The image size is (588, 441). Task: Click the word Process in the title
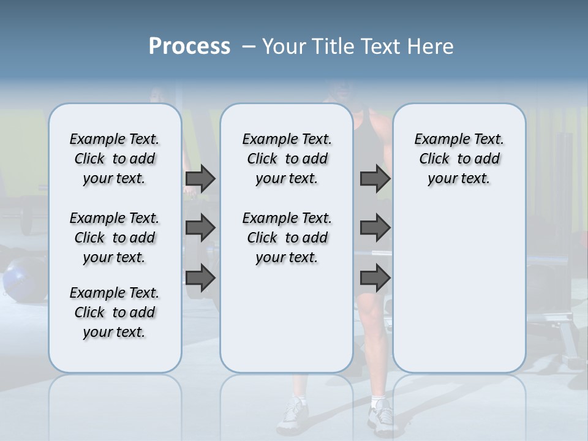pyautogui.click(x=189, y=47)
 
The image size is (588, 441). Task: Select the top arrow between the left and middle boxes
pyautogui.click(x=200, y=178)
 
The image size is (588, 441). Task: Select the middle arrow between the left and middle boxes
pyautogui.click(x=200, y=228)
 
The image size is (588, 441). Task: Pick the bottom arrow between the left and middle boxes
pyautogui.click(x=200, y=279)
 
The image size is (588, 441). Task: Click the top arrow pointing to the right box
pyautogui.click(x=375, y=178)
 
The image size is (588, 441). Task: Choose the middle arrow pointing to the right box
pyautogui.click(x=375, y=228)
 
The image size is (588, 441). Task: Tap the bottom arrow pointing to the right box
pyautogui.click(x=375, y=279)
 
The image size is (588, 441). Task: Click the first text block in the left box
pyautogui.click(x=115, y=159)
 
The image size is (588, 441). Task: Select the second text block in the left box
pyautogui.click(x=115, y=238)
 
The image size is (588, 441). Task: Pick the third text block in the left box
pyautogui.click(x=115, y=312)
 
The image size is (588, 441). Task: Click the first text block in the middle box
pyautogui.click(x=287, y=159)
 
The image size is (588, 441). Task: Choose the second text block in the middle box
pyautogui.click(x=287, y=238)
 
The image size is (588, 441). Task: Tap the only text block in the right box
pyautogui.click(x=459, y=159)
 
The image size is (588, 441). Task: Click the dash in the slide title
pyautogui.click(x=249, y=47)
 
